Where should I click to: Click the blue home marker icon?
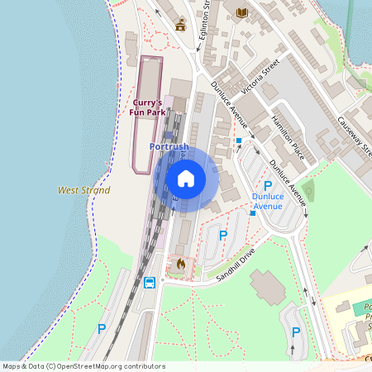(186, 178)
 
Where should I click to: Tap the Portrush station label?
(169, 146)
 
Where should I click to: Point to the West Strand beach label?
(83, 190)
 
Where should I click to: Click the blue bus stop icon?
(150, 283)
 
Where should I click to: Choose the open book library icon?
(241, 12)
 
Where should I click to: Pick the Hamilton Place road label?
(288, 136)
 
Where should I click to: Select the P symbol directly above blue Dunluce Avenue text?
(267, 185)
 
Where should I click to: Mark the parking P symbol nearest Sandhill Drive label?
(222, 236)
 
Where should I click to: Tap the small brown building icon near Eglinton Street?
(180, 24)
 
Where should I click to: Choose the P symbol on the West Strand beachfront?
(102, 328)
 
